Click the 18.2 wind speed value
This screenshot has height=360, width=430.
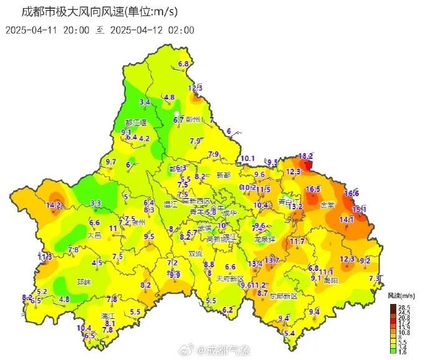[x=306, y=156]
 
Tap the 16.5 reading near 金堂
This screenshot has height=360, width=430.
[x=313, y=189]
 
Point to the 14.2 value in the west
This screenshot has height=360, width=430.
[x=54, y=204]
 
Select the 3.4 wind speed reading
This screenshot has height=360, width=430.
[x=145, y=102]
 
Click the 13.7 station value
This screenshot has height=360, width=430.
[x=272, y=260]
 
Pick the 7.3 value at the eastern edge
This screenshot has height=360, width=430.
[x=375, y=278]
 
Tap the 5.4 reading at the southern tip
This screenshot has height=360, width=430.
[x=289, y=333]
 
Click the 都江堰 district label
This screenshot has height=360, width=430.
[x=135, y=123]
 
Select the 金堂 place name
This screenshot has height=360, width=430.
[x=327, y=204]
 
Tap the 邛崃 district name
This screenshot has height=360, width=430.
[x=84, y=282]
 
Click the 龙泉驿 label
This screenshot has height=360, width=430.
[x=265, y=239]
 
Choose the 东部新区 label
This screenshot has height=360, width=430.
[x=284, y=296]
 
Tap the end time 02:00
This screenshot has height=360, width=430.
[x=182, y=29]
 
